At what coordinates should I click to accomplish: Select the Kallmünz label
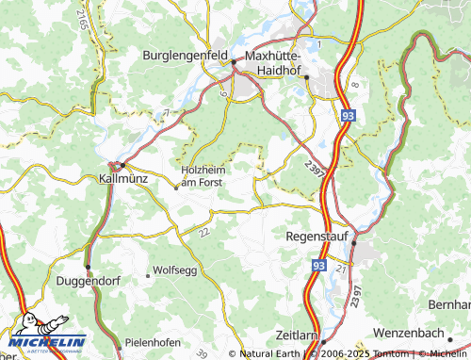[125, 176]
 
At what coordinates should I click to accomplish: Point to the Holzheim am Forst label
[201, 176]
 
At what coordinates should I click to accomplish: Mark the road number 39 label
[230, 326]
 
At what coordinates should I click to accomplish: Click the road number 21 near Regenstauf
[341, 270]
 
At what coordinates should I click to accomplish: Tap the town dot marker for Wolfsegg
[147, 275]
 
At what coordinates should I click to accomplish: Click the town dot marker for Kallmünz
[122, 165]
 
